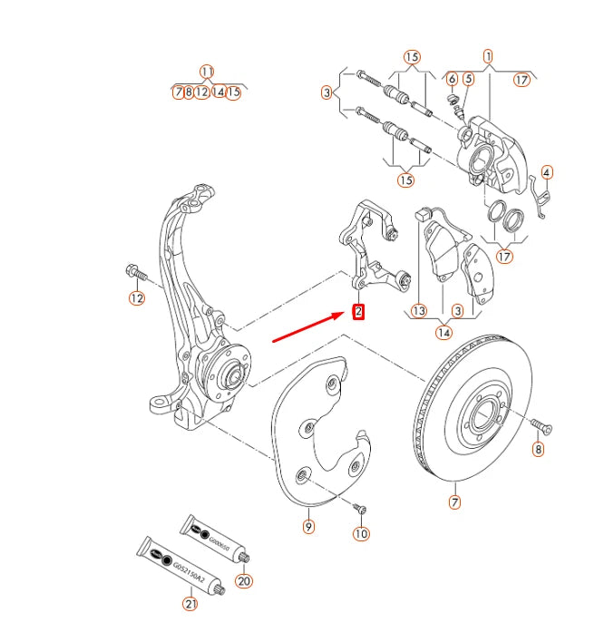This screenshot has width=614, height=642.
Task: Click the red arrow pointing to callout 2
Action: point(308,328)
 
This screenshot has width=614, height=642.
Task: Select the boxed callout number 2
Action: point(359,312)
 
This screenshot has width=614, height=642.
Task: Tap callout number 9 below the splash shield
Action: point(308,527)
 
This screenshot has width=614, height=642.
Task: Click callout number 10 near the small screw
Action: point(361,533)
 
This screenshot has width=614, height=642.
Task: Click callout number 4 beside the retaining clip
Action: point(547,171)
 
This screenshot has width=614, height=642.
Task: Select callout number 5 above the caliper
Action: point(468,79)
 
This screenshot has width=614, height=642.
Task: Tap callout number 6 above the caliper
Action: point(452,79)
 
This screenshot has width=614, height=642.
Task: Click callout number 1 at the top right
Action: point(489,55)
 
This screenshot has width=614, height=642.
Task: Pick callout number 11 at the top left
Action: point(207,71)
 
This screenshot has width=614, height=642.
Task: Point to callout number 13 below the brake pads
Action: point(418,311)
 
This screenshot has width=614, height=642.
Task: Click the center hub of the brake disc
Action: point(478,420)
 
